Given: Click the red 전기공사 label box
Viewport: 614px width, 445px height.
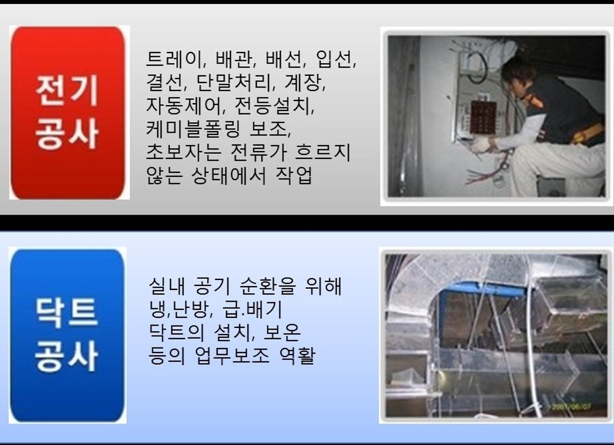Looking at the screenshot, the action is pos(68,113).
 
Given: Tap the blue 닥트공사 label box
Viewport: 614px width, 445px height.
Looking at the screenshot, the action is pos(68,335).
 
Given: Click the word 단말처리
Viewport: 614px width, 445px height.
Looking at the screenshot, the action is pos(233,82).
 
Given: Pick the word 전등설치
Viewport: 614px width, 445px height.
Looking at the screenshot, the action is pos(273,105).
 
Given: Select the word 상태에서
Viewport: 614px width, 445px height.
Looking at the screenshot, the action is pos(229,175).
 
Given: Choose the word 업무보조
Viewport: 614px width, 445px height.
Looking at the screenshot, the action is pos(233,355).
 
